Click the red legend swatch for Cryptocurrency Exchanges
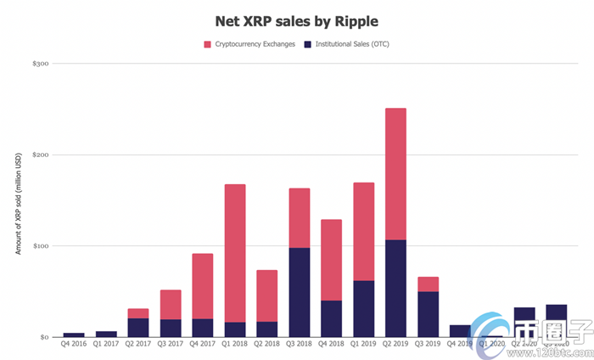(207, 43)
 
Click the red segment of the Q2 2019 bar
(395, 174)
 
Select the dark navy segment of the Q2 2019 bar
(395, 289)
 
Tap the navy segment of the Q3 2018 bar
(300, 292)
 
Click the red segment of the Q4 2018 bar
(331, 260)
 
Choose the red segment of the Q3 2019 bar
(428, 284)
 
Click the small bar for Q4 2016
(74, 335)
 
